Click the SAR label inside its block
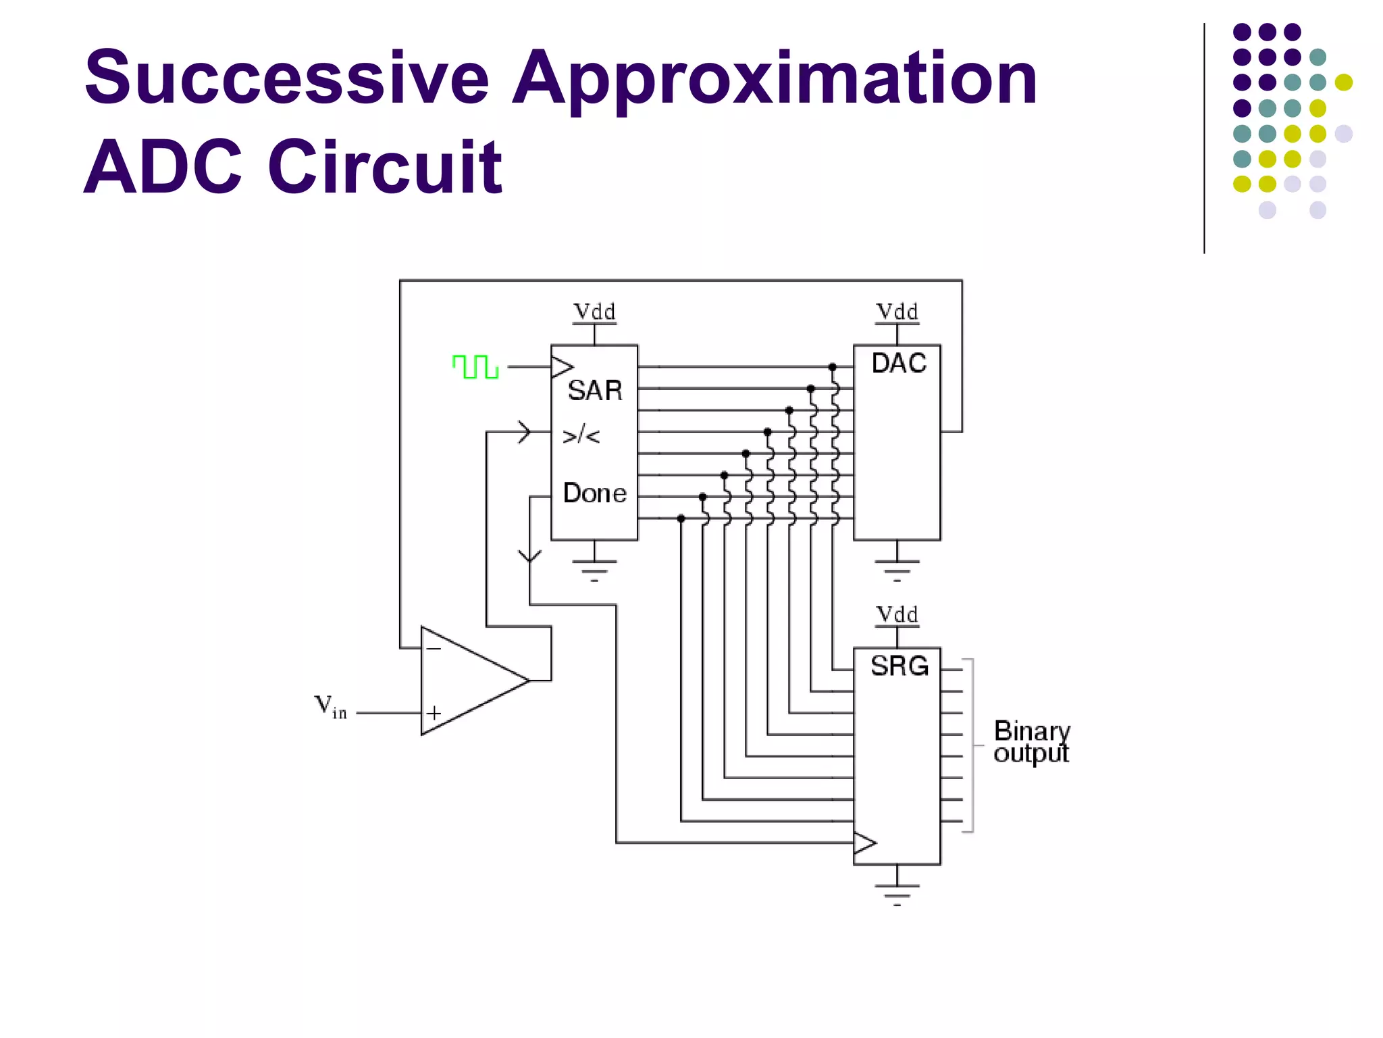point(594,391)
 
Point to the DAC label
point(898,364)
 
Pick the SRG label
point(899,666)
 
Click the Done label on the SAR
point(594,493)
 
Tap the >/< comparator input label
point(581,435)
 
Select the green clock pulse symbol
point(475,367)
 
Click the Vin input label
point(330,707)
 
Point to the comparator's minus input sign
point(434,649)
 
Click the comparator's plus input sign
point(434,713)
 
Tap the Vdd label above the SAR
point(594,312)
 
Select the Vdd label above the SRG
point(897,615)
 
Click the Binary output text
point(1031,742)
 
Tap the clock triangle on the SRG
point(864,843)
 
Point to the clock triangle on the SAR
point(562,367)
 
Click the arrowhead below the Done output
point(530,556)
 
